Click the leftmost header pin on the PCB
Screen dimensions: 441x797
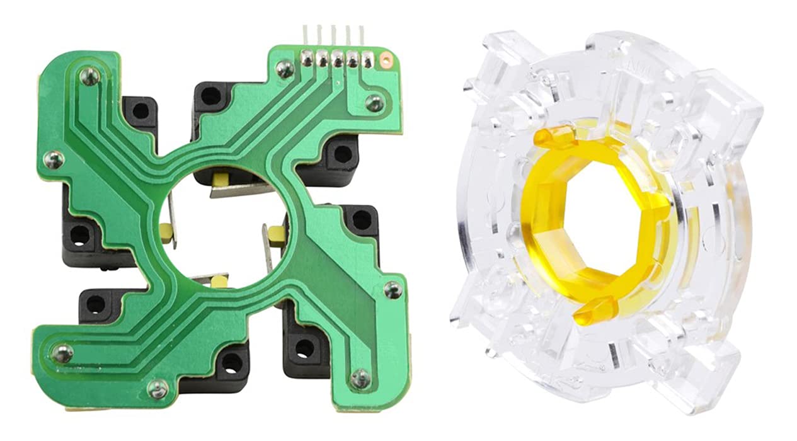pyautogui.click(x=306, y=59)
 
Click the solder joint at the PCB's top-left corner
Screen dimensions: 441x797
pyautogui.click(x=90, y=76)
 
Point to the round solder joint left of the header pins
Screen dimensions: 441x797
pyautogui.click(x=285, y=68)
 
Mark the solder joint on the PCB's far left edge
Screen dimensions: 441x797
pyautogui.click(x=54, y=160)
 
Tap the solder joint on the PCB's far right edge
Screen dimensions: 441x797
pyautogui.click(x=392, y=289)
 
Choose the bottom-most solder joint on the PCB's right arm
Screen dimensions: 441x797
pyautogui.click(x=360, y=378)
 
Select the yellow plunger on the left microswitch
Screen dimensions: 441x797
pyautogui.click(x=166, y=231)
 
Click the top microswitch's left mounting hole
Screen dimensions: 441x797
pyautogui.click(x=212, y=96)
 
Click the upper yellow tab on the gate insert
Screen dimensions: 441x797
pyautogui.click(x=554, y=135)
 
